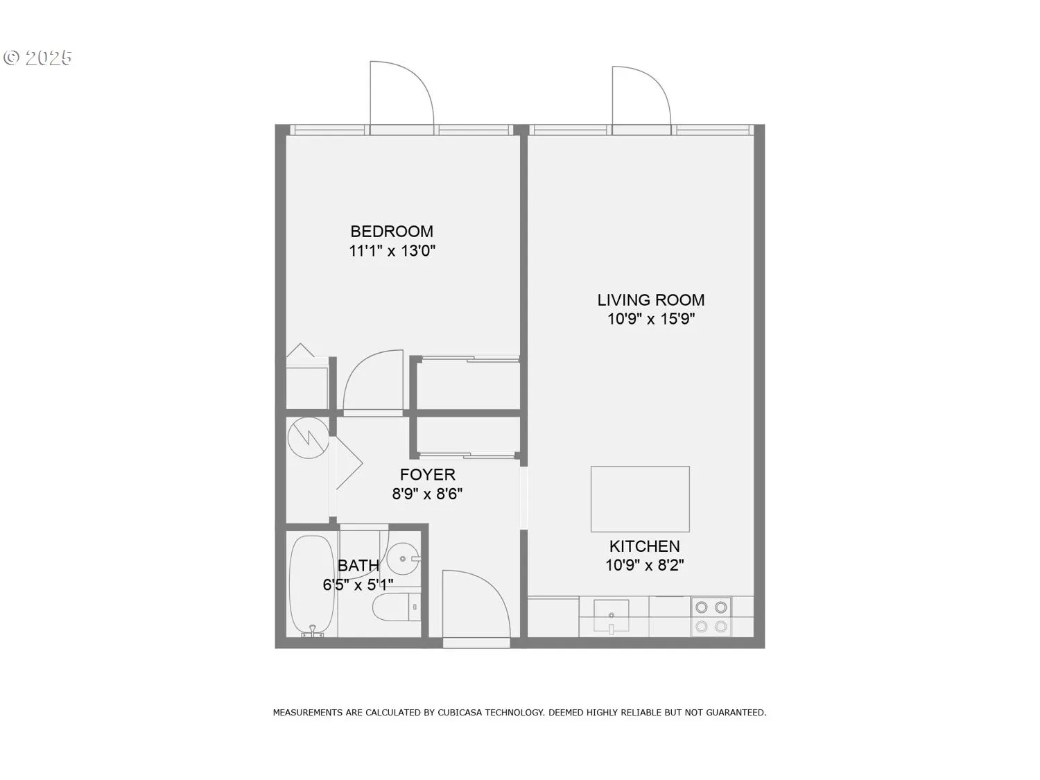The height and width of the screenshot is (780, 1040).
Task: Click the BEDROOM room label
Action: tap(392, 232)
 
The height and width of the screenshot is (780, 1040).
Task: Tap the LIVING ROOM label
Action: tap(651, 300)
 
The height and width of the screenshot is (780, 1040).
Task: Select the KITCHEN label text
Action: tap(644, 546)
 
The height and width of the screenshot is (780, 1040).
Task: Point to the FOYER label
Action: tap(428, 475)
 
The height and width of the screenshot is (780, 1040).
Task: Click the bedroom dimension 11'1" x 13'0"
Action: tap(392, 251)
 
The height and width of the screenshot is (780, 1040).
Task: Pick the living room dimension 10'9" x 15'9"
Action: tap(651, 319)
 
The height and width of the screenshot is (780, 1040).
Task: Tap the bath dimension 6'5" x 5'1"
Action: tap(358, 585)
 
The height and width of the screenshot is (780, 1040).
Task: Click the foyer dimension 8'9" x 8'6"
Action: tap(427, 494)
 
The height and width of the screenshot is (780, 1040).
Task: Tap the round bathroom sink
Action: tap(402, 558)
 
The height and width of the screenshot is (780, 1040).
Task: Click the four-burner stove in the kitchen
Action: tap(711, 616)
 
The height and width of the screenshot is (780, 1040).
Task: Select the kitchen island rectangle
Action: tap(640, 499)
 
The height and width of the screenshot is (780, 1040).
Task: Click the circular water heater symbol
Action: tap(308, 437)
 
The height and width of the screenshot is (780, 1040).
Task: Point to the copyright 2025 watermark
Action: tap(38, 58)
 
